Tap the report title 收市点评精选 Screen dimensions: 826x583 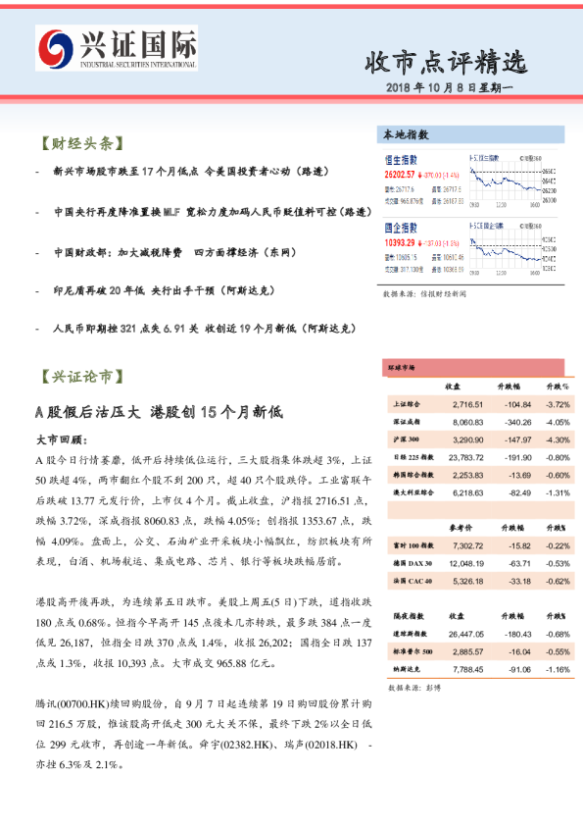pos(445,63)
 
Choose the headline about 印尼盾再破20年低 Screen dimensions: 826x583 pos(163,290)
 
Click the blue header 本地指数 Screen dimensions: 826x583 pos(407,134)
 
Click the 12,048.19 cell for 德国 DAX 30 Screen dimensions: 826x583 pos(464,563)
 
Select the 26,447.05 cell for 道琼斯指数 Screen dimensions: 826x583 pos(464,634)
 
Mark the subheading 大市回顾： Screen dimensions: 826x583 pos(62,440)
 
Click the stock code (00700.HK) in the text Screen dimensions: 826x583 pos(96,705)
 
